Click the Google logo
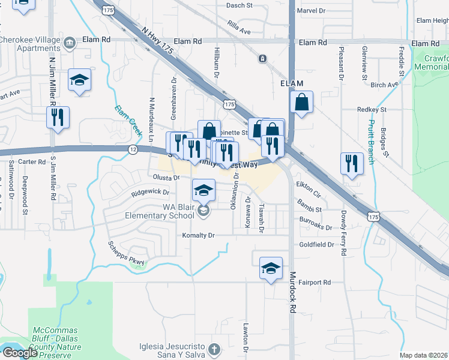(19, 353)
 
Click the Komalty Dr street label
(199, 235)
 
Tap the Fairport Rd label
(315, 281)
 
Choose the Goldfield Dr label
(317, 245)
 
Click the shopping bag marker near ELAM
(302, 102)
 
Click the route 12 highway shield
(133, 148)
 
